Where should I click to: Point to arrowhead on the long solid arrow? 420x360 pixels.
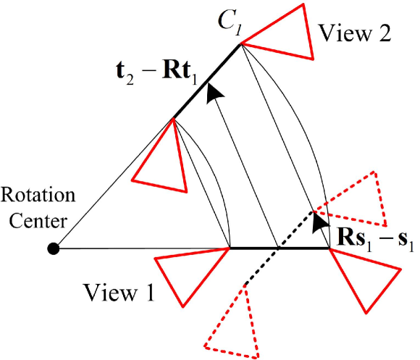click(211, 92)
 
